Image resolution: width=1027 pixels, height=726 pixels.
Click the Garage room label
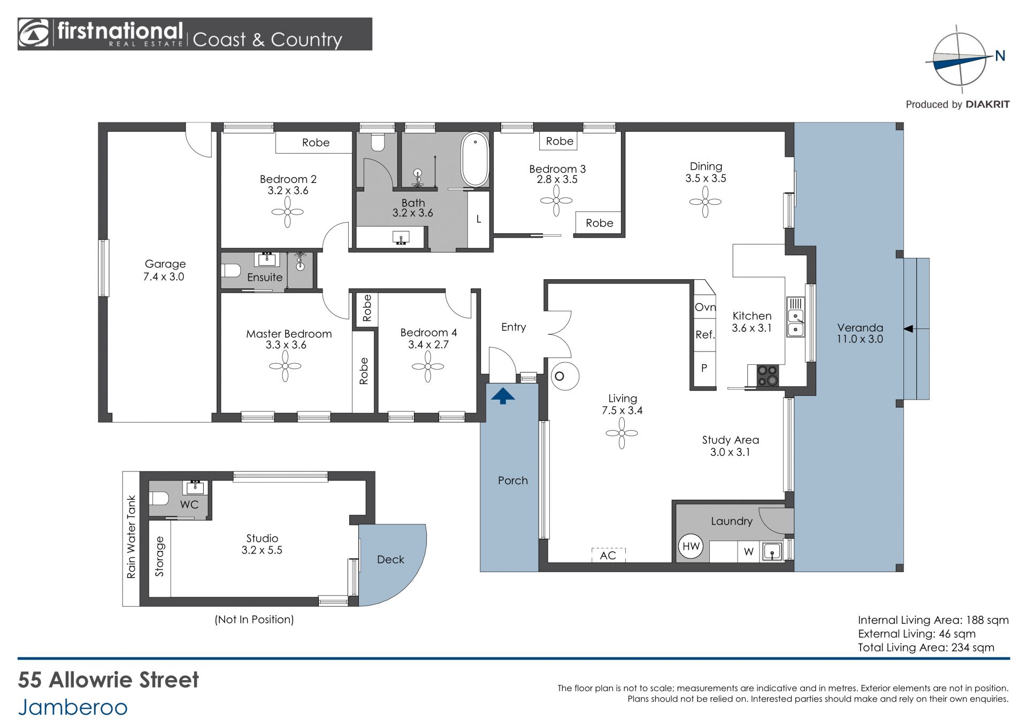[x=165, y=264]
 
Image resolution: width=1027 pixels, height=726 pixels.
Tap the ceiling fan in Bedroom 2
[x=288, y=212]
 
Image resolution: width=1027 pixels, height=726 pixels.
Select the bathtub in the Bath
[x=475, y=160]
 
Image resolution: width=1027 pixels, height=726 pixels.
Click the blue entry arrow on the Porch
[x=503, y=396]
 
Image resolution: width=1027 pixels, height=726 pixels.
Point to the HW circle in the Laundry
[x=691, y=546]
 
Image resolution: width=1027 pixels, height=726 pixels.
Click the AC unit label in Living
[x=608, y=555]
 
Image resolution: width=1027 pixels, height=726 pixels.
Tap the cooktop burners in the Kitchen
[x=768, y=375]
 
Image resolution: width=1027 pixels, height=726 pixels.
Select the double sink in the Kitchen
[x=795, y=323]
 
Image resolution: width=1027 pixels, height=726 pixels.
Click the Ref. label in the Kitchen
[x=705, y=335]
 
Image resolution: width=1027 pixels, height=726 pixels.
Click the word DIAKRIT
[x=987, y=105]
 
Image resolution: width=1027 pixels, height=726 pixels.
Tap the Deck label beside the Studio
[x=390, y=560]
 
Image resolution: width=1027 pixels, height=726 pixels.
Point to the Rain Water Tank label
[x=131, y=537]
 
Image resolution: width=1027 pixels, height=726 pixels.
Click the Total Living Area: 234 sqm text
[x=926, y=647]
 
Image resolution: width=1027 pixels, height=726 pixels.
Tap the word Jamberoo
[x=73, y=707]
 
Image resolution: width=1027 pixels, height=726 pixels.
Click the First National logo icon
[x=34, y=34]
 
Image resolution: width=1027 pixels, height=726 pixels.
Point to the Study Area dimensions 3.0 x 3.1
[x=730, y=452]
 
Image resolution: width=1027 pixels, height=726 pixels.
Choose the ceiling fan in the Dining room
[x=705, y=202]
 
